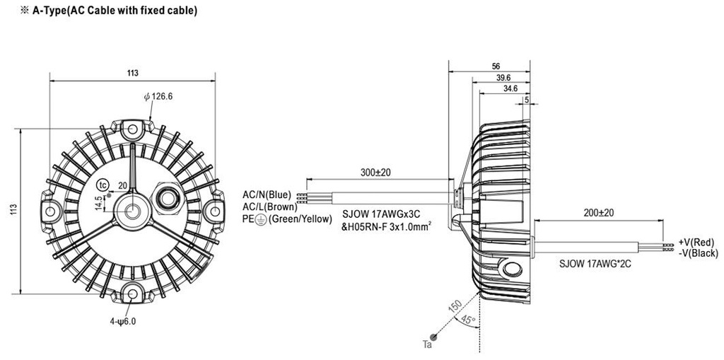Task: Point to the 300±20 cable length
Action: [375, 173]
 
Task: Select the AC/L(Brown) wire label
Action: [270, 207]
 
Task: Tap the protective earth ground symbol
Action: [260, 219]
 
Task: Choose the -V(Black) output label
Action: [698, 252]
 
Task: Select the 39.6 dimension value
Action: [502, 77]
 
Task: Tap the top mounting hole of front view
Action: [132, 129]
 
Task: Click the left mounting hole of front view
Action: [50, 211]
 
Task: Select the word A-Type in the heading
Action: [49, 11]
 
